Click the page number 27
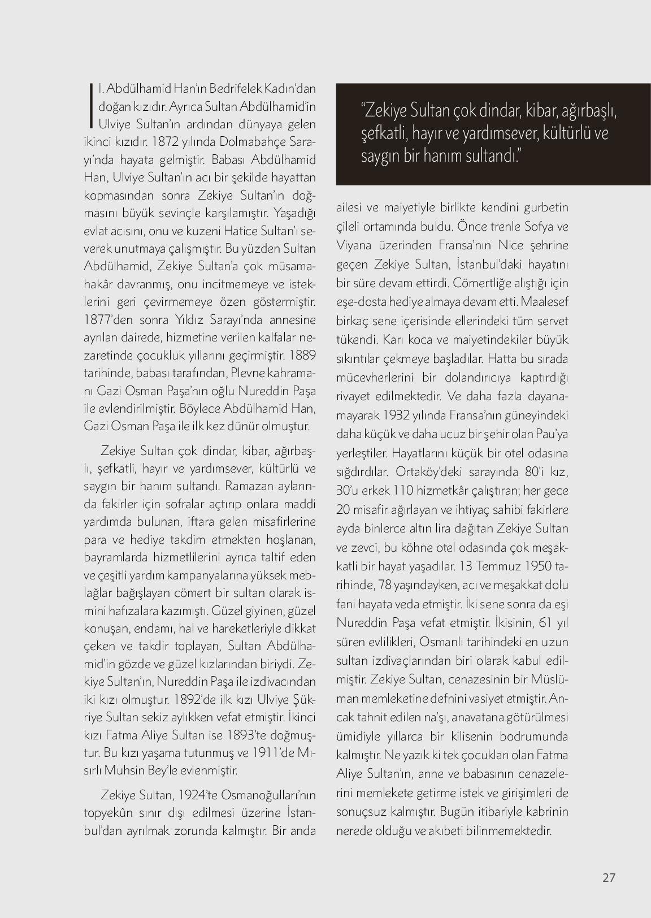point(609,877)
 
